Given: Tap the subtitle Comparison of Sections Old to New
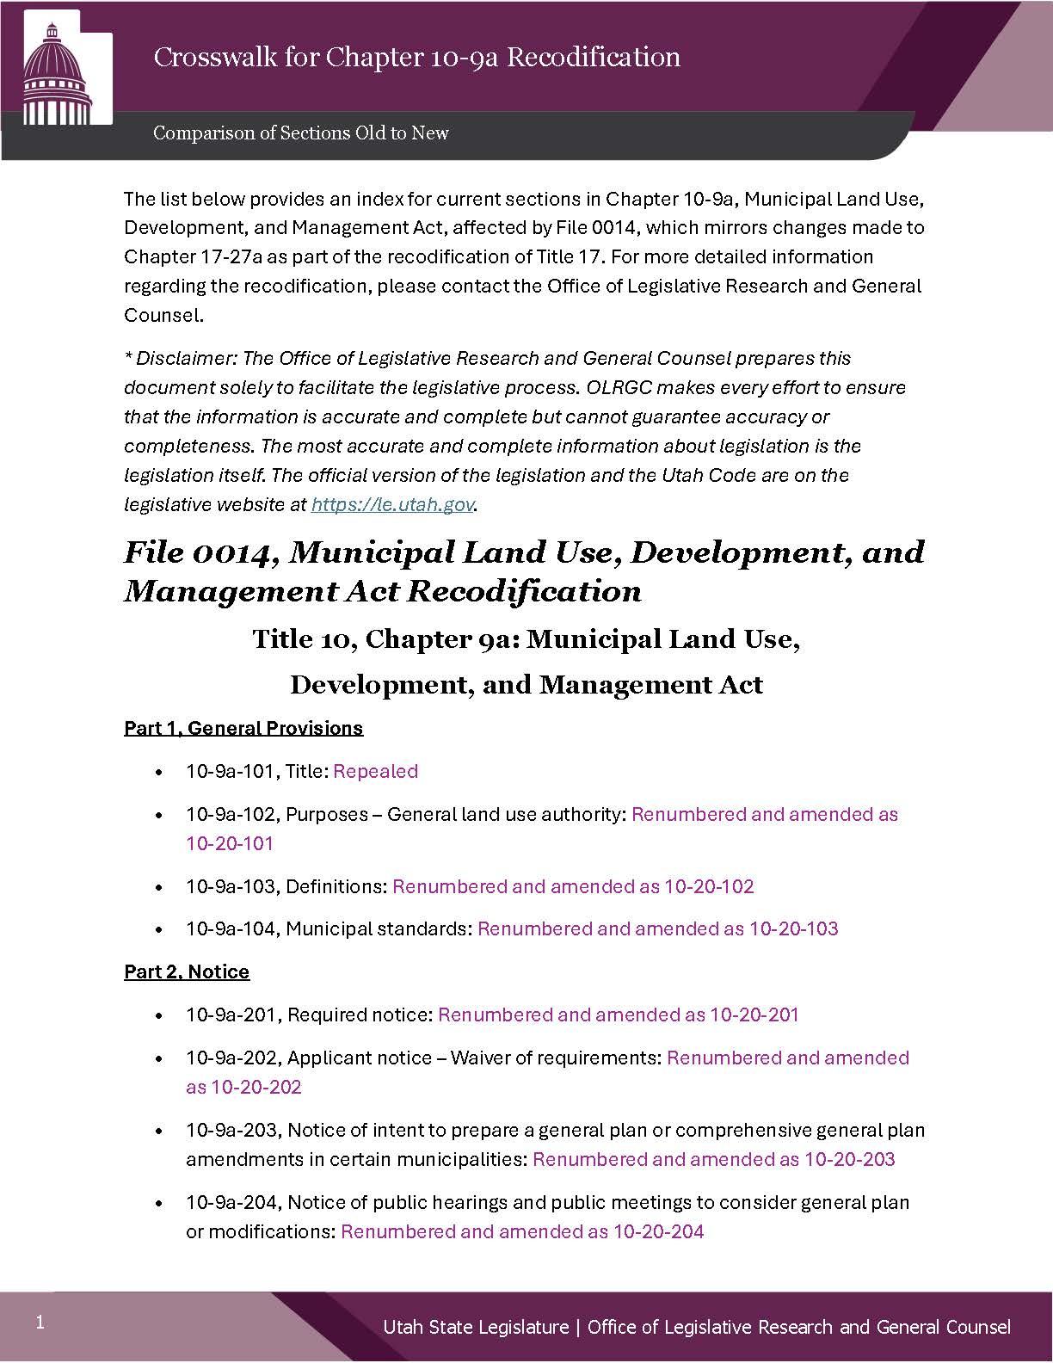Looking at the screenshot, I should [301, 133].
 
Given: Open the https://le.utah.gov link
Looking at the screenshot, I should [392, 505].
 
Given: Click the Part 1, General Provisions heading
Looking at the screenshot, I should [243, 729].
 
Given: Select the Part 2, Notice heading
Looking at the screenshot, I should [187, 972].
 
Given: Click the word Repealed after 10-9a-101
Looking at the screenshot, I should [375, 772].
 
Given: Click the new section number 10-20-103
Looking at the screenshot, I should [794, 929].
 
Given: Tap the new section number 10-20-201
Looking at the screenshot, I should [754, 1015].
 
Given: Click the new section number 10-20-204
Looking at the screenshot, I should [658, 1232].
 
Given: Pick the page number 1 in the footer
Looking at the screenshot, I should [40, 1323].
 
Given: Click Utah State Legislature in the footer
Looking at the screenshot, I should [476, 1328].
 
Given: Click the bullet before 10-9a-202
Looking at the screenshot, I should [158, 1058].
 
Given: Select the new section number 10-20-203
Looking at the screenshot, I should [849, 1160].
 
